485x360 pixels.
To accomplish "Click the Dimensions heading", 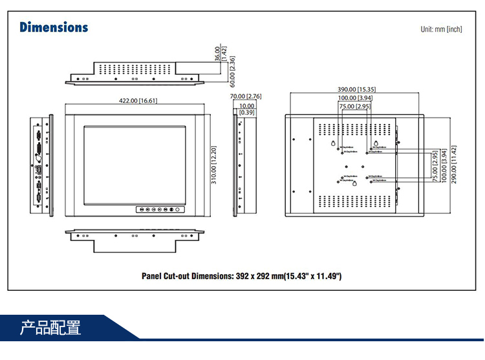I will point(54,27).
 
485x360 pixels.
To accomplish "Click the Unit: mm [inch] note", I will point(441,29).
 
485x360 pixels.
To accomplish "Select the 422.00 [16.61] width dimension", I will point(138,100).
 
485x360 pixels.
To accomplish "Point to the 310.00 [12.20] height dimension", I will point(213,165).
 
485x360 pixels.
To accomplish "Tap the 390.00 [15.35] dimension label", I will point(356,89).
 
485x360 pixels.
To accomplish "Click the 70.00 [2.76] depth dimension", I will point(246,96).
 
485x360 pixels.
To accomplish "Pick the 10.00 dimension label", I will point(246,105).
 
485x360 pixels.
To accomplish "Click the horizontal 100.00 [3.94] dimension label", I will point(356,98).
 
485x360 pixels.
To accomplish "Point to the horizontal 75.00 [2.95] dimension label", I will point(354,106).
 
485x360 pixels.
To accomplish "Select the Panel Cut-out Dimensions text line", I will point(241,276).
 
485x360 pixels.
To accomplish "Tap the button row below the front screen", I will point(158,209).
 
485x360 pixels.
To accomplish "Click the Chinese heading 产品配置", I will point(50,327).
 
